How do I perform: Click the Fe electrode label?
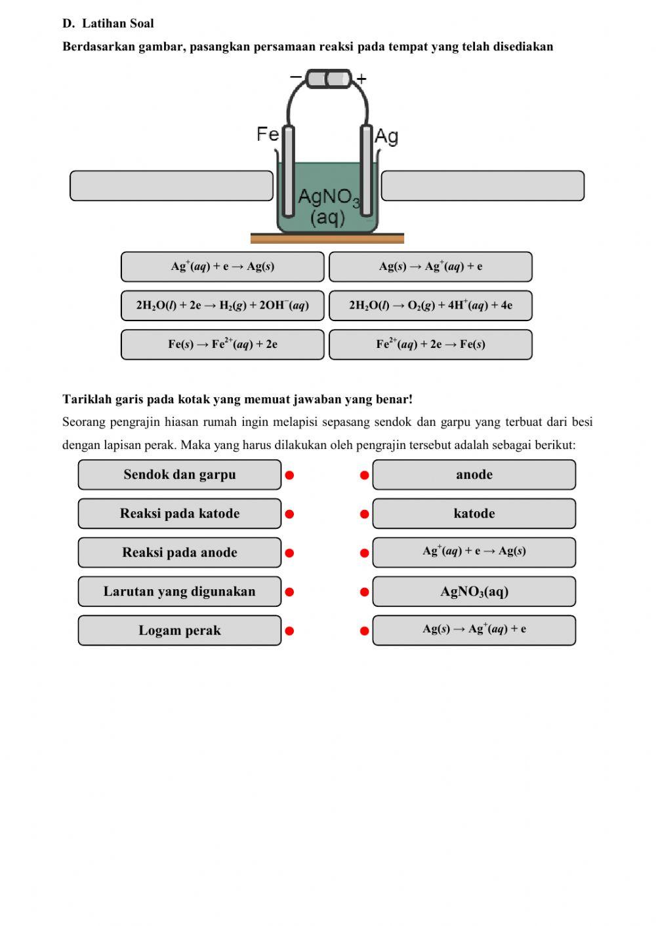[267, 134]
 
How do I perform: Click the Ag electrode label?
[386, 136]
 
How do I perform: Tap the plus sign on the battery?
[361, 79]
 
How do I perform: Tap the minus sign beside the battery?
[296, 77]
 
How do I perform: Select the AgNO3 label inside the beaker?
[328, 197]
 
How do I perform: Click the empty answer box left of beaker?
[171, 186]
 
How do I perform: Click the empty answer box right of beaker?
[482, 186]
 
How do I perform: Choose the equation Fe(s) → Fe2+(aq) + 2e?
[222, 345]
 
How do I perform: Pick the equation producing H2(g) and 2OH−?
[222, 305]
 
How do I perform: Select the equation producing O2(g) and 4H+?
[430, 305]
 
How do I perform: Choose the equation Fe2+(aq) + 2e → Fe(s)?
[430, 345]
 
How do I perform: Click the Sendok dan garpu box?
[179, 474]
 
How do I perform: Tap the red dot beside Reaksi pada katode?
[289, 514]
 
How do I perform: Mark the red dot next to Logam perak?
[289, 631]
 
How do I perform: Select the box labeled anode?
[474, 474]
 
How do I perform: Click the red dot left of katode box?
[365, 514]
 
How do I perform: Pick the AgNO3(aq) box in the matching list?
[474, 592]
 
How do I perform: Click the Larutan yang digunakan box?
[179, 592]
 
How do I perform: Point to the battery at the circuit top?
[328, 79]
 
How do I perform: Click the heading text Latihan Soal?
[117, 24]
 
